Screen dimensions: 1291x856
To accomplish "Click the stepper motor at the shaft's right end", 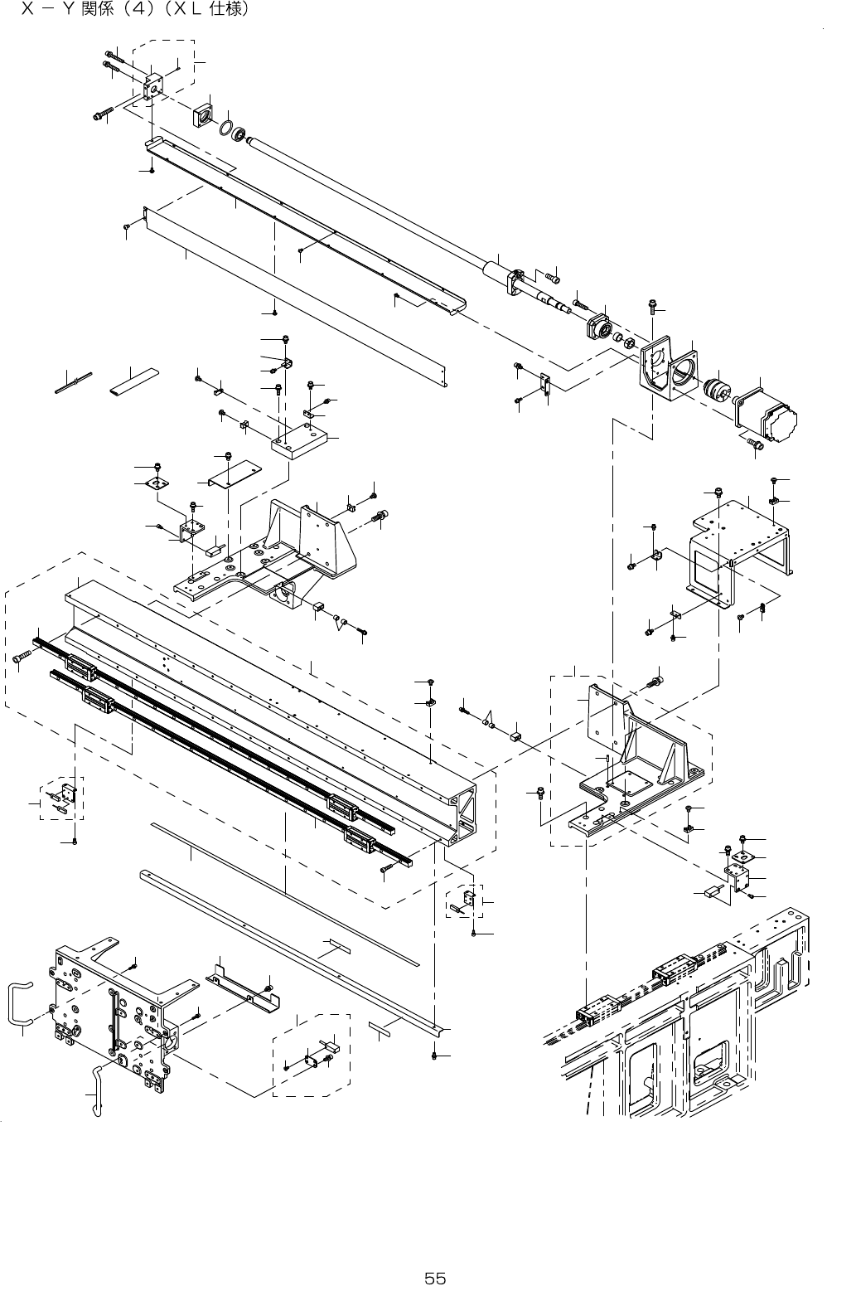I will click(767, 415).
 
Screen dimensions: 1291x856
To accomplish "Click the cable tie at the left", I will click(73, 384).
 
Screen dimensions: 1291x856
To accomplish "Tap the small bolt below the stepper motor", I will click(754, 444).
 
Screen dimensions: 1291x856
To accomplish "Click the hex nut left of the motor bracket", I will click(628, 340).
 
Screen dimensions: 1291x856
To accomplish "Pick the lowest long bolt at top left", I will click(99, 115).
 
